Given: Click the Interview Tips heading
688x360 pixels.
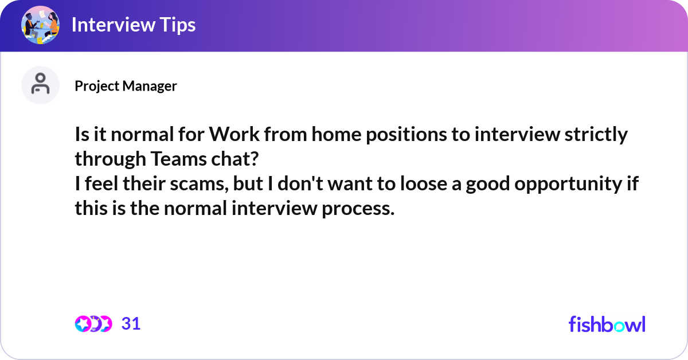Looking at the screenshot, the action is coord(134,25).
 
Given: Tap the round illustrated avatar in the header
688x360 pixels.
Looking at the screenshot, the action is coord(40,25).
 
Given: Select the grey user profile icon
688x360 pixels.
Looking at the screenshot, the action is coord(40,85).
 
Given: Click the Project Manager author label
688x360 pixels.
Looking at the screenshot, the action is coord(126,86).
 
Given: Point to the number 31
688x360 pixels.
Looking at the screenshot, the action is coord(131,323).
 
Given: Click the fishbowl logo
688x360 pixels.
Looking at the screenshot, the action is coord(607,324).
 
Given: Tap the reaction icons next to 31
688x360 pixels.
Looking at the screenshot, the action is coord(93,324).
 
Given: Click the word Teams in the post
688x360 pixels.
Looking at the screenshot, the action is coord(178,159).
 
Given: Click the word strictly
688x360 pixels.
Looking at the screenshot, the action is coord(596,135).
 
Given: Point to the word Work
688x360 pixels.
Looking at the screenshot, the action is coord(234,135).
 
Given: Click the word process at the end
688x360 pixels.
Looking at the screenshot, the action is coord(358,209).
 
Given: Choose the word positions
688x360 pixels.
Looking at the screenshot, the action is coord(406,135).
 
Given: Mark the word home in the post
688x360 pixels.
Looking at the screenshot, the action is coord(337,135).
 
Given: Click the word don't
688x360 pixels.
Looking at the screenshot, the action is coord(300,183).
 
